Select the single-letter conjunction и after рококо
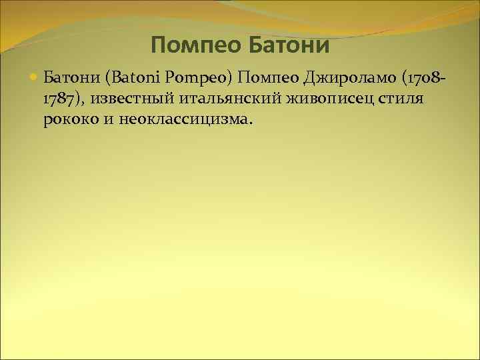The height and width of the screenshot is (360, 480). point(111,121)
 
